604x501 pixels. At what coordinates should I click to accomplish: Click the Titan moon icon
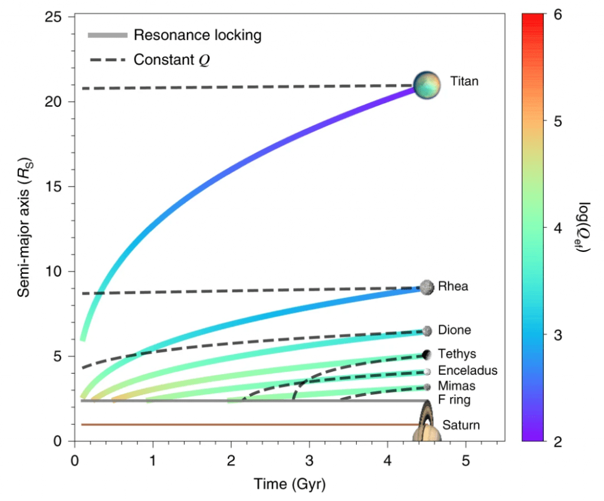[x=427, y=85]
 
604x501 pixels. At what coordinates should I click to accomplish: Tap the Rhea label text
[x=454, y=287]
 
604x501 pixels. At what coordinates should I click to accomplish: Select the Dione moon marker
[x=427, y=331]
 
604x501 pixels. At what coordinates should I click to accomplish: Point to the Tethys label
[x=457, y=353]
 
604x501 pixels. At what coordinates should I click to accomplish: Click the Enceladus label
[x=468, y=371]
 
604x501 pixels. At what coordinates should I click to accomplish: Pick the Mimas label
[x=457, y=386]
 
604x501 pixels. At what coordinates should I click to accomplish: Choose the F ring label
[x=454, y=401]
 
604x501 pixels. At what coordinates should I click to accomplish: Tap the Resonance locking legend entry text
[x=197, y=35]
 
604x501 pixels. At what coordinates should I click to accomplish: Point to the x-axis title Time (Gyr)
[x=290, y=484]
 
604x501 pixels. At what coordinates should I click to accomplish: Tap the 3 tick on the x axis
[x=309, y=459]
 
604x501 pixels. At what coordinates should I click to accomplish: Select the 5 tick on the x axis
[x=465, y=459]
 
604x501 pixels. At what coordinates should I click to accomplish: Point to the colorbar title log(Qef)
[x=586, y=228]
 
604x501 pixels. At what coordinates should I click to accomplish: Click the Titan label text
[x=464, y=81]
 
